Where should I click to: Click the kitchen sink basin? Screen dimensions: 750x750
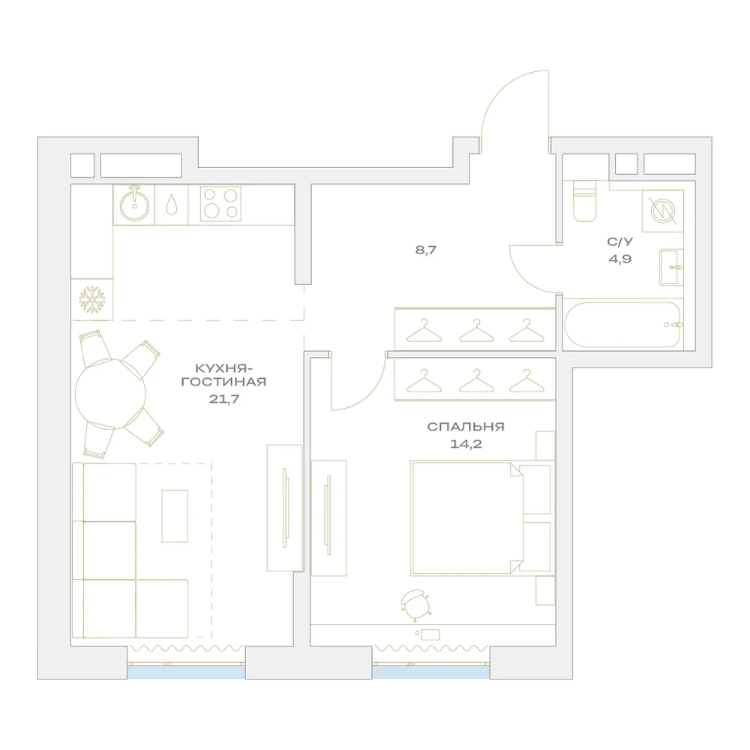[134, 205]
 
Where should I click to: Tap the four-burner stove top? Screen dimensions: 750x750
[220, 204]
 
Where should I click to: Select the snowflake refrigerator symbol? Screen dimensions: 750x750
[91, 301]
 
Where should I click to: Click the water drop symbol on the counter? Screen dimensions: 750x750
[171, 205]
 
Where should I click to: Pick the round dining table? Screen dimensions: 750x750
[110, 393]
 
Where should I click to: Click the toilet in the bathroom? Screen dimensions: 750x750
[584, 201]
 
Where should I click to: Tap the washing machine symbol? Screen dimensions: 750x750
[663, 211]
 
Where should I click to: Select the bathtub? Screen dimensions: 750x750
[622, 325]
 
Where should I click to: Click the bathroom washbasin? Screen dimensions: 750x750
[670, 268]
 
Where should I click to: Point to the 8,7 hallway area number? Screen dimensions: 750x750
[426, 250]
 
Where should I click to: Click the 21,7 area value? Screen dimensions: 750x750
[223, 398]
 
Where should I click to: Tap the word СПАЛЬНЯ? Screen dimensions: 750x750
[466, 427]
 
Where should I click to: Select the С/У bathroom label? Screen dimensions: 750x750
[620, 242]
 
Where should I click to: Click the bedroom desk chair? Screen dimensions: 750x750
[415, 604]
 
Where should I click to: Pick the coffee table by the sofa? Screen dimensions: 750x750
[175, 516]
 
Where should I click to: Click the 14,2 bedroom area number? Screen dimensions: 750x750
[466, 444]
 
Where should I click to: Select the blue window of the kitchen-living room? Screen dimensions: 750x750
[187, 672]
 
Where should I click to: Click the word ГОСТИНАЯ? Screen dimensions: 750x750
[223, 382]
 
